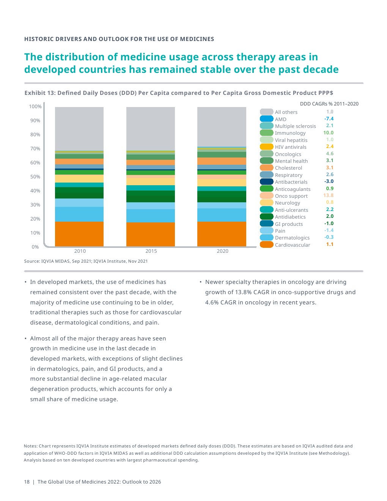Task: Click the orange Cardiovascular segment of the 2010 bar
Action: (79, 234)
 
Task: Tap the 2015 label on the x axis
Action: (151, 251)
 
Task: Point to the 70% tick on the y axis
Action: (35, 149)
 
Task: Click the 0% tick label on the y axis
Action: (35, 247)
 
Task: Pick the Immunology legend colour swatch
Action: (267, 133)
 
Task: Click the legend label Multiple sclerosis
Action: (295, 126)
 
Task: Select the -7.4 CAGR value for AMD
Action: (329, 119)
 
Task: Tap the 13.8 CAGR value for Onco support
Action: (328, 195)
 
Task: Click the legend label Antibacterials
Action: (291, 182)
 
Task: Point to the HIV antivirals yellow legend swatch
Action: (267, 147)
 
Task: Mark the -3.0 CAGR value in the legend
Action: (329, 181)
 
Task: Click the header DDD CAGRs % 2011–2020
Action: (329, 104)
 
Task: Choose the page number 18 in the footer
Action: (27, 482)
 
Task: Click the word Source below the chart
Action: (31, 261)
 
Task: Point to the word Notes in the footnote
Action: (30, 446)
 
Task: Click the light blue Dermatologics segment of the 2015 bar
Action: (151, 216)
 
